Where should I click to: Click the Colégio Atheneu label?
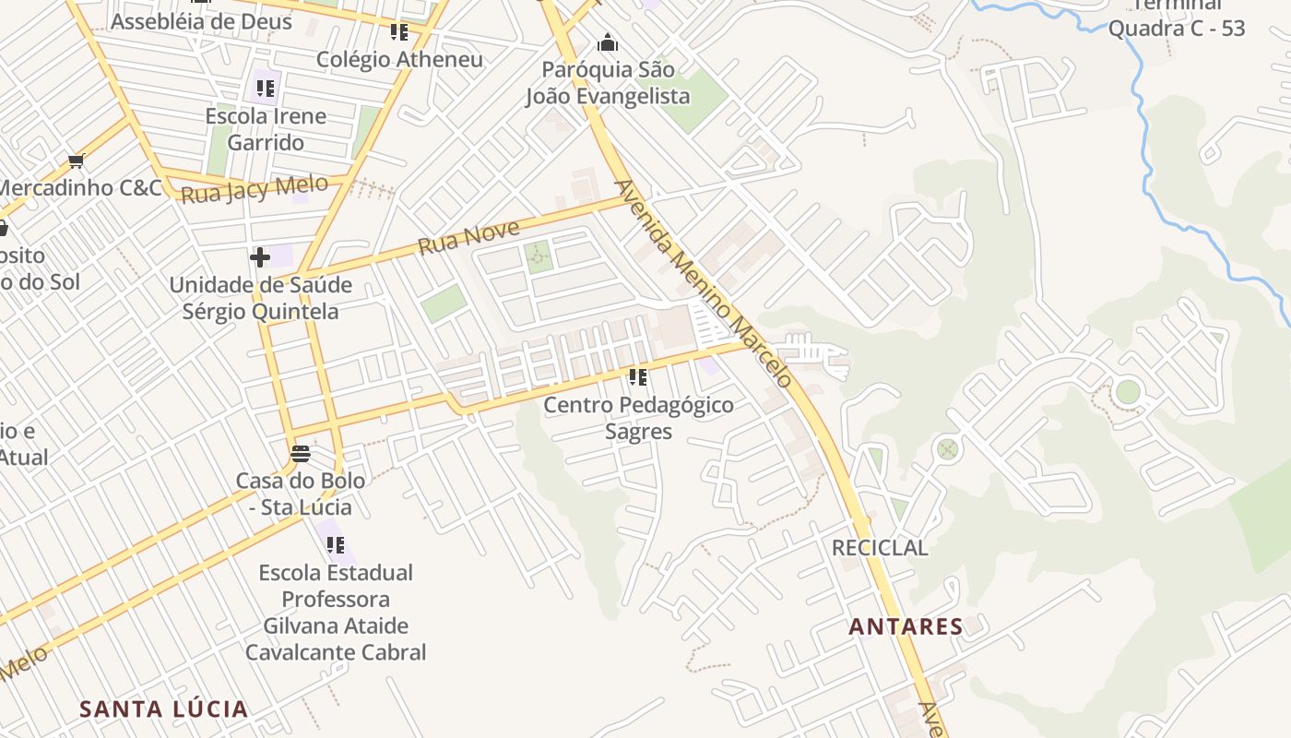pyautogui.click(x=399, y=60)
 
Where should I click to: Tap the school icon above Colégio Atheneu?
pyautogui.click(x=398, y=32)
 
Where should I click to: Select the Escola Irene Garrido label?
pyautogui.click(x=266, y=129)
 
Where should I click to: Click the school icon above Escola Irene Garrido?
pyautogui.click(x=266, y=89)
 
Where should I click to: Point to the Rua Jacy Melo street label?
pyautogui.click(x=255, y=189)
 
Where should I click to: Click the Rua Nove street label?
pyautogui.click(x=468, y=236)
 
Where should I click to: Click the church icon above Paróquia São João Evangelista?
pyautogui.click(x=608, y=42)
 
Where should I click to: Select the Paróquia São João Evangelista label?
pyautogui.click(x=608, y=83)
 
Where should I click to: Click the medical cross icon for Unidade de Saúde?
pyautogui.click(x=260, y=257)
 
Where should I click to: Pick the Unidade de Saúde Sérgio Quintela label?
pyautogui.click(x=260, y=298)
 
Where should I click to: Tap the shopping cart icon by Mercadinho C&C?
pyautogui.click(x=76, y=161)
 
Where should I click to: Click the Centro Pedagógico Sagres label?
pyautogui.click(x=638, y=418)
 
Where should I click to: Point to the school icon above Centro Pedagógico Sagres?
pyautogui.click(x=637, y=377)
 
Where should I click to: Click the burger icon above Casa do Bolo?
pyautogui.click(x=300, y=454)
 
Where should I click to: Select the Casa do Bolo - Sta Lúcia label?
pyautogui.click(x=301, y=494)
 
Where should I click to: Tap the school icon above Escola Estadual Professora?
pyautogui.click(x=335, y=545)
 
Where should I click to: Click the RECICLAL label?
pyautogui.click(x=880, y=548)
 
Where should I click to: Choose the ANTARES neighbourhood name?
pyautogui.click(x=906, y=627)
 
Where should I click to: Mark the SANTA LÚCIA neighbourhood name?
pyautogui.click(x=163, y=709)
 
